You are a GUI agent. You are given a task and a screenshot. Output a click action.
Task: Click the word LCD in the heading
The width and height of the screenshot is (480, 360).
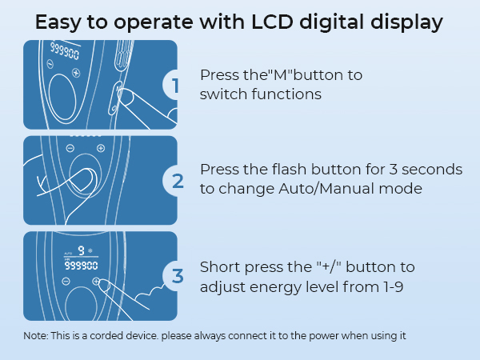pos(273,22)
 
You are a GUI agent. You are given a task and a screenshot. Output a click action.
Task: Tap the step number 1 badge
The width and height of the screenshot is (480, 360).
pos(171,85)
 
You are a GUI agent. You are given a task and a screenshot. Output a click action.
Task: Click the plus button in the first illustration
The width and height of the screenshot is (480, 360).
pos(76,73)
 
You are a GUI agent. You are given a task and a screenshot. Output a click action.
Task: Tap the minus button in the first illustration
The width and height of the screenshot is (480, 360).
pos(50,64)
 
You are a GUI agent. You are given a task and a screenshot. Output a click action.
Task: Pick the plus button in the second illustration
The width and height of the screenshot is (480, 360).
pos(101,149)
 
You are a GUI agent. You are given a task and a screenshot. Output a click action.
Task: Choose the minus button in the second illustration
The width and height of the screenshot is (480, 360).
pos(70,149)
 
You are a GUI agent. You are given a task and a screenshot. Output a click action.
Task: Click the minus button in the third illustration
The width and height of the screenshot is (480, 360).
pos(66,281)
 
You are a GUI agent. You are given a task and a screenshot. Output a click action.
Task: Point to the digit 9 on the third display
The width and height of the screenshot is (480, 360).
pos(81,250)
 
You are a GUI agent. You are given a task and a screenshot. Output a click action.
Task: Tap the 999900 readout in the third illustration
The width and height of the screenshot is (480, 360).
pos(81,266)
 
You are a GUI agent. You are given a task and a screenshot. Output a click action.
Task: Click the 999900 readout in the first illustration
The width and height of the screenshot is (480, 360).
pos(65,50)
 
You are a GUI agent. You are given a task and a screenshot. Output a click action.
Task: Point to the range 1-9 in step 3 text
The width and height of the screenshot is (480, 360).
pos(393,287)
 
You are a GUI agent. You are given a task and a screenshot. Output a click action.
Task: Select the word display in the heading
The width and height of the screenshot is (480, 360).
pos(406,23)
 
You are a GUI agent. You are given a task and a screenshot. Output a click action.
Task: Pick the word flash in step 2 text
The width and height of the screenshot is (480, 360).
pos(289,170)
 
